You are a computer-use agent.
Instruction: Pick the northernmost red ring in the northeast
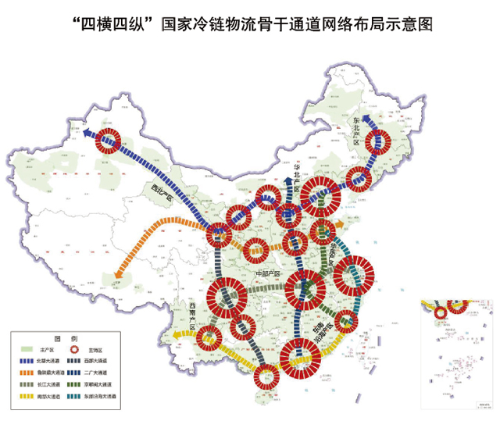[x=380, y=141]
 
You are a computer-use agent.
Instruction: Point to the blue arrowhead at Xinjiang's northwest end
[x=84, y=132]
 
